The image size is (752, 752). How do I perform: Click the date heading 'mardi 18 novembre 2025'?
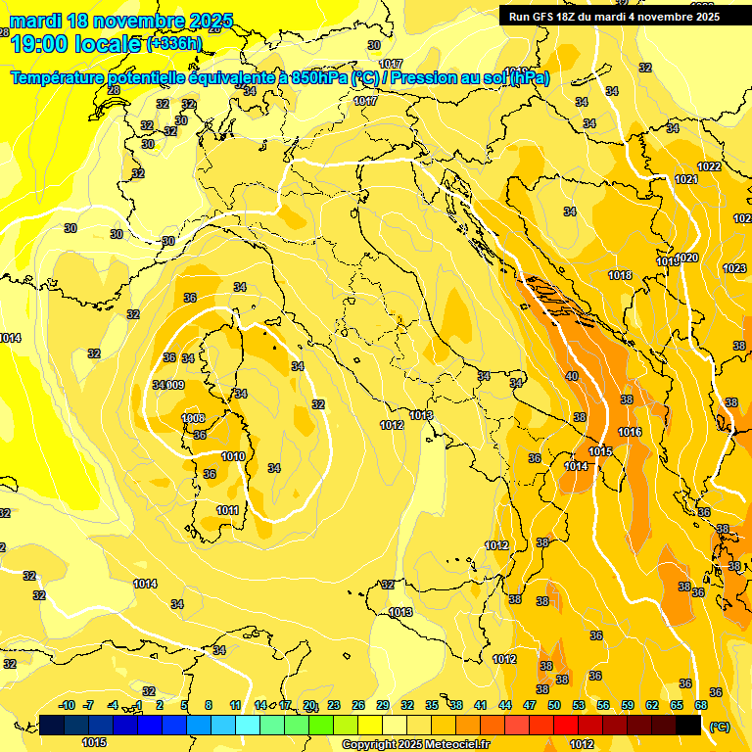[x=121, y=21]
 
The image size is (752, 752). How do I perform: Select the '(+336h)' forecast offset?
[x=174, y=44]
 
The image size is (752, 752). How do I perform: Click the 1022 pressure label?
[x=709, y=166]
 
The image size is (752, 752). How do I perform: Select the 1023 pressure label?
[x=733, y=268]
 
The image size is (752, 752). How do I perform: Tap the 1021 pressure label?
[x=685, y=179]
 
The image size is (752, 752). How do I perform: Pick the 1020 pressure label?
[x=687, y=258]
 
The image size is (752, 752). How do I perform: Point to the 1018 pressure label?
[x=619, y=275]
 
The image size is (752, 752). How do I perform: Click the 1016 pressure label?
[x=630, y=432]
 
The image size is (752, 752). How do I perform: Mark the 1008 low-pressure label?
[x=193, y=419]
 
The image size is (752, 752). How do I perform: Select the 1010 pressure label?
[x=233, y=456]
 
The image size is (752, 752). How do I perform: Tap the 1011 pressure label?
[x=227, y=510]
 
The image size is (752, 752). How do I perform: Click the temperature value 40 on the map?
[x=572, y=376]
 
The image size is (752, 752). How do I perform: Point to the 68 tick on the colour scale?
[x=701, y=705]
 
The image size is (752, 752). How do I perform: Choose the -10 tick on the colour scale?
[x=67, y=705]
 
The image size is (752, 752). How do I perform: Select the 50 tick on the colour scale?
[x=554, y=705]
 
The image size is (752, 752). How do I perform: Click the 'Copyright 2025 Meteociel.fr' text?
[x=415, y=744]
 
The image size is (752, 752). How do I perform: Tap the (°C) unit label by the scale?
[x=720, y=727]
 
